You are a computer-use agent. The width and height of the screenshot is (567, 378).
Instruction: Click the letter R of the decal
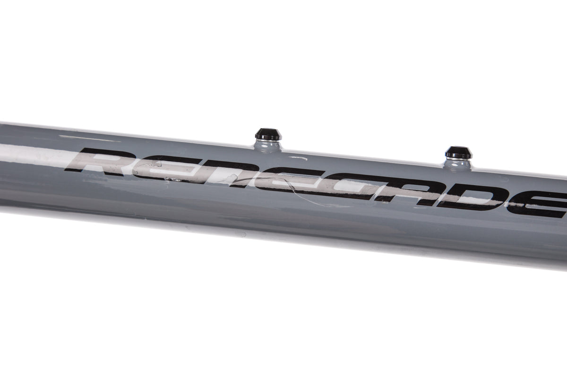(x=101, y=162)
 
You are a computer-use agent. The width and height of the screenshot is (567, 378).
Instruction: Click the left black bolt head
(x=268, y=134)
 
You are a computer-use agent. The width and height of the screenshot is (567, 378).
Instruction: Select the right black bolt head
(x=459, y=152)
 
